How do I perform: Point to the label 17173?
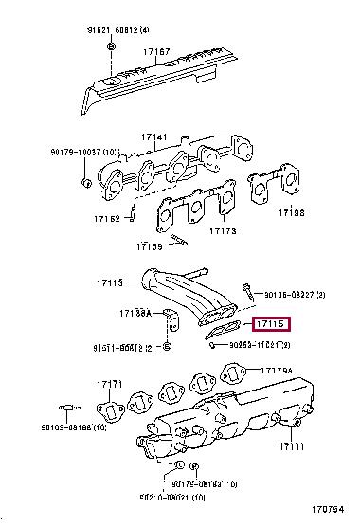pos(223,230)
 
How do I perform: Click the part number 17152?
pos(106,219)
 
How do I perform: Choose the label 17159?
pos(149,247)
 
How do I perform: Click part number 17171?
pos(109,384)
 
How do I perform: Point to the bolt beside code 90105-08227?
pos(245,288)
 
